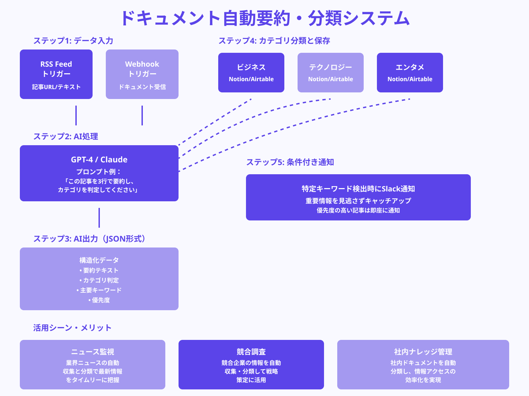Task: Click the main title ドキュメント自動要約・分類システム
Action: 264,18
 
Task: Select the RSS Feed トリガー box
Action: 56,74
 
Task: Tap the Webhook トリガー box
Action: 142,74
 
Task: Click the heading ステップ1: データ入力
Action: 73,41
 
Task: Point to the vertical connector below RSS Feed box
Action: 76,115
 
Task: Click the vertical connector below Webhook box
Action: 142,115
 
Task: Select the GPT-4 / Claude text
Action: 99,160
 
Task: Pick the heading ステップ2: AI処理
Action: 65,136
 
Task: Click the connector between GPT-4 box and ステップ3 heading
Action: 99,218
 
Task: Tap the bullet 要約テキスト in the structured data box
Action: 99,270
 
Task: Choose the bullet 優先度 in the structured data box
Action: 99,300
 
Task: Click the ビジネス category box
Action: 251,73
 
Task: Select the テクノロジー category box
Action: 331,73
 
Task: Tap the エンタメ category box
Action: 410,73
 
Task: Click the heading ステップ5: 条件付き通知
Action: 290,162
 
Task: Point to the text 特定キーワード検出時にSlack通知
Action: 358,189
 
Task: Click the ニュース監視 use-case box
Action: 93,365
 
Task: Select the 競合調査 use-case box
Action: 251,365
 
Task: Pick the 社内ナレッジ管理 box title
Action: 423,352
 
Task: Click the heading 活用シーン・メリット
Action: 72,328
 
